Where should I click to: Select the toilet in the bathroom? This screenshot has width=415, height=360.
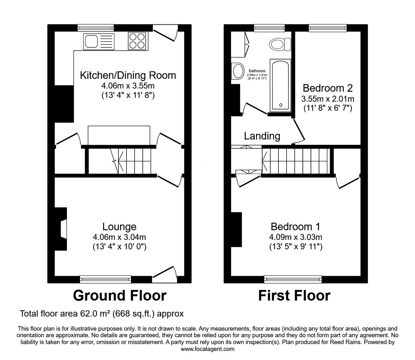tap(280, 44)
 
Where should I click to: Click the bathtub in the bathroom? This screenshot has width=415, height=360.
tap(281, 85)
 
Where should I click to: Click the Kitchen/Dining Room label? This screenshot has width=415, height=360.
tap(128, 75)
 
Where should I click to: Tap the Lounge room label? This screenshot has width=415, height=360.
tap(119, 226)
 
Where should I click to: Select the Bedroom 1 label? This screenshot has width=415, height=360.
tap(295, 226)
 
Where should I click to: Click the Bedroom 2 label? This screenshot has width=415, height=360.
tap(327, 88)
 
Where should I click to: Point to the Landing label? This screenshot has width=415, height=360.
tap(262, 136)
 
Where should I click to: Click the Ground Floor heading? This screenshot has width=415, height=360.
tap(119, 296)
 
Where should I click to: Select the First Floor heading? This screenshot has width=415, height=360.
tap(294, 296)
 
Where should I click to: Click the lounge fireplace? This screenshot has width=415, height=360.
tap(62, 229)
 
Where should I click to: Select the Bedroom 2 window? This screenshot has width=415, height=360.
tap(327, 28)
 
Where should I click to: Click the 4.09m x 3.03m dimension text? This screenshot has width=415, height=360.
tap(296, 237)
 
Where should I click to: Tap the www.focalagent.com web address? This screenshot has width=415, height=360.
tap(207, 349)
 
